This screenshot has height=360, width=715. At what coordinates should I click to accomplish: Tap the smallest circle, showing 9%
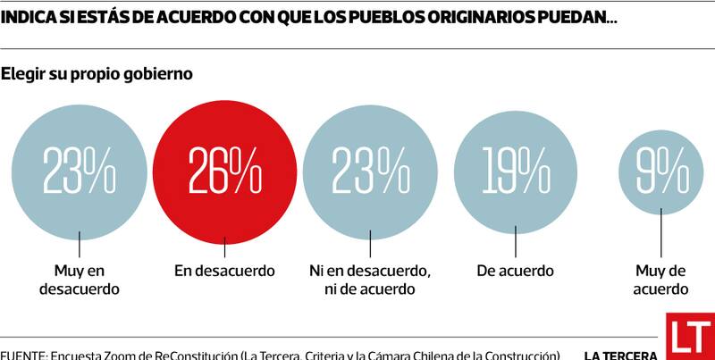pyautogui.click(x=661, y=170)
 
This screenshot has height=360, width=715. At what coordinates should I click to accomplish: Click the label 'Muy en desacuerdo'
pyautogui.click(x=80, y=280)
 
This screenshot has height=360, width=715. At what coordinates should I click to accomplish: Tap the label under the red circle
pyautogui.click(x=224, y=271)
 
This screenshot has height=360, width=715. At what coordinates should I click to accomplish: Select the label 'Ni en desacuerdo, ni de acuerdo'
pyautogui.click(x=369, y=280)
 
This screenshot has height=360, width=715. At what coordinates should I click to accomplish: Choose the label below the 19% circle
pyautogui.click(x=516, y=271)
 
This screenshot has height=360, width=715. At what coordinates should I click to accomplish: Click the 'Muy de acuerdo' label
pyautogui.click(x=661, y=280)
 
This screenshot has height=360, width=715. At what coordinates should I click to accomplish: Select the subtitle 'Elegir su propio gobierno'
pyautogui.click(x=97, y=74)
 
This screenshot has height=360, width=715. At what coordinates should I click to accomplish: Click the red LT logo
pyautogui.click(x=689, y=337)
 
